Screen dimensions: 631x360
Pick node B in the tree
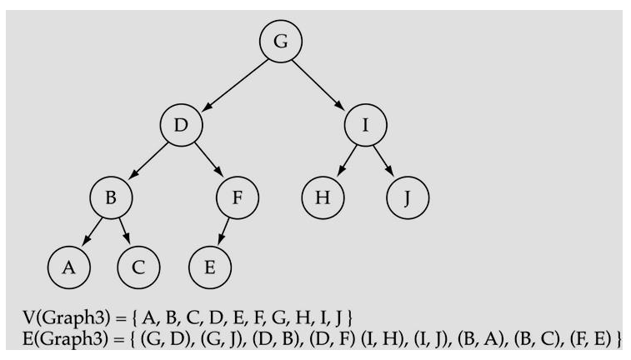[x=112, y=200]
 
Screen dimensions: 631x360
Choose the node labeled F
[x=238, y=200]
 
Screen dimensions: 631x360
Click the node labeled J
[x=408, y=200]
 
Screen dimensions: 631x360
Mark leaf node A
[x=69, y=267]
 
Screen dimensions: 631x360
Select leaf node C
[x=138, y=267]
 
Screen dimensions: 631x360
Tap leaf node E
[x=210, y=267]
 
